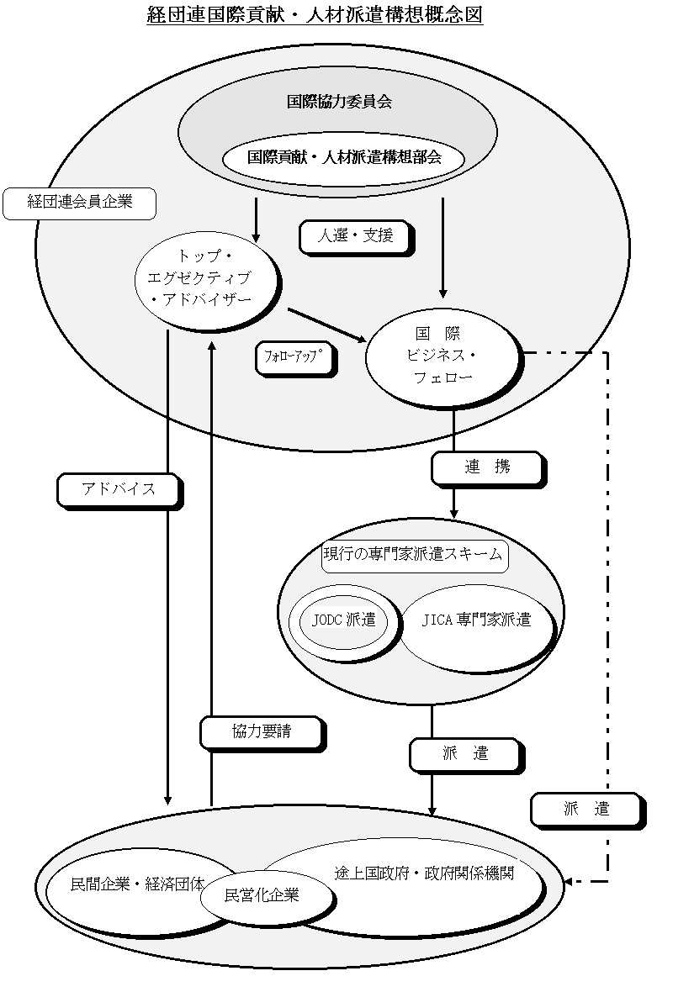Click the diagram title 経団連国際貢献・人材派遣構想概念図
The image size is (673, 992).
[315, 14]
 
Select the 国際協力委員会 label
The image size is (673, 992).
[339, 101]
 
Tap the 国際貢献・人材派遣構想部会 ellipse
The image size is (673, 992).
[344, 157]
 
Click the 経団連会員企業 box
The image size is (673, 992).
[79, 203]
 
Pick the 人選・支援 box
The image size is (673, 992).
[356, 237]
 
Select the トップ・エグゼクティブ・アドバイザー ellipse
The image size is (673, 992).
[207, 280]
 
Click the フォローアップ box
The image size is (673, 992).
[295, 359]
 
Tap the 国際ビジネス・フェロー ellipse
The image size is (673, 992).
[444, 357]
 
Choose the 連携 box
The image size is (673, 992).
[488, 469]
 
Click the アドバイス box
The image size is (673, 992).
[119, 491]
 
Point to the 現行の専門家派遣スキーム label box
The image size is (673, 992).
[415, 556]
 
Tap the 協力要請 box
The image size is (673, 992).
[262, 733]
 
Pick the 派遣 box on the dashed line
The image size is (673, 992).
[588, 810]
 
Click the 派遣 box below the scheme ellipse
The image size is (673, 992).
[467, 756]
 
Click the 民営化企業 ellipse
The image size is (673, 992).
[266, 896]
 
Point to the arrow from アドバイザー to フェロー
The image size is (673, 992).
[327, 325]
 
